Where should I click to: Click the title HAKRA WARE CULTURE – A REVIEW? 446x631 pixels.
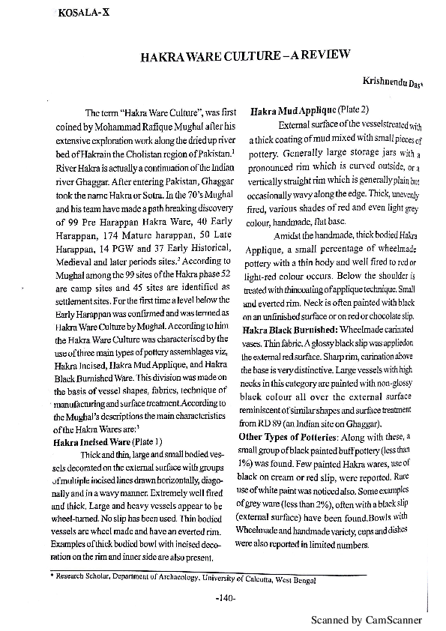click(x=246, y=56)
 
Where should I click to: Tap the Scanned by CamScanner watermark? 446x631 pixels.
click(x=367, y=621)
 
